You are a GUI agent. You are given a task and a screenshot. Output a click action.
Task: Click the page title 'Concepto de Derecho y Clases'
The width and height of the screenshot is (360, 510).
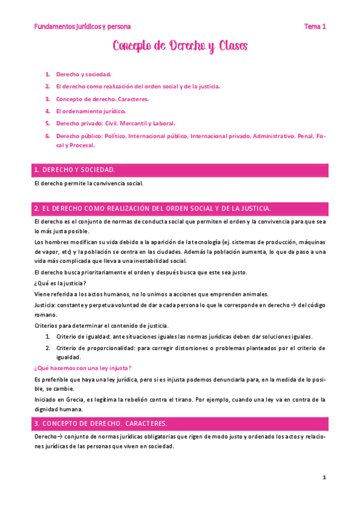click(180, 46)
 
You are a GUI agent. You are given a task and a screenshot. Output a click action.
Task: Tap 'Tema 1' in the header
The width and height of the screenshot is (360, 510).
click(314, 26)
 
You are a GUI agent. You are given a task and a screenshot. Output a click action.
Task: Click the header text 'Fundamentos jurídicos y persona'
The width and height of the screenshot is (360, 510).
click(82, 26)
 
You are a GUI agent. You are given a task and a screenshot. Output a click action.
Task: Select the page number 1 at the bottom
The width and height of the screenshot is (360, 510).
click(324, 478)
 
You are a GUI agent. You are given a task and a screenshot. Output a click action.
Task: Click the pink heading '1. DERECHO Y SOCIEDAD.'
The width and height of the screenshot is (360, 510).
click(75, 170)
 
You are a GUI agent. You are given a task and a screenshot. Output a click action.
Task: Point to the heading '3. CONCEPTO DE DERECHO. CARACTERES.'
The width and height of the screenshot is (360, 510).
click(101, 423)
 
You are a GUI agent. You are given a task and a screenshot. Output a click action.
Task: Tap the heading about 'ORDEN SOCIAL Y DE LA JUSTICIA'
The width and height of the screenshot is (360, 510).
click(153, 208)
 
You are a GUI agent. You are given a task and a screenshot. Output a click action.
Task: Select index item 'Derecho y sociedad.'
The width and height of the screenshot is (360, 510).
click(84, 74)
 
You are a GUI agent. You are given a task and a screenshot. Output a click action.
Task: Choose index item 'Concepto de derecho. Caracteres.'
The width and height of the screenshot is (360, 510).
click(102, 99)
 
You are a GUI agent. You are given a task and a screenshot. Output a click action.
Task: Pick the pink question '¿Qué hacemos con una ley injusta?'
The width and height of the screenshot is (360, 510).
click(84, 368)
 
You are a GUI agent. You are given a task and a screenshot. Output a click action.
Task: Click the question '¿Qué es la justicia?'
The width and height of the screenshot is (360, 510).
click(60, 283)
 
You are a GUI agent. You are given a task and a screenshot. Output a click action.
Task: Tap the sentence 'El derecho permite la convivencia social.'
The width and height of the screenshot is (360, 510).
click(89, 183)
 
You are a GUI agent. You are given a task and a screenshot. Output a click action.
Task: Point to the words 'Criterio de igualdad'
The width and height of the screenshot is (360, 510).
click(82, 336)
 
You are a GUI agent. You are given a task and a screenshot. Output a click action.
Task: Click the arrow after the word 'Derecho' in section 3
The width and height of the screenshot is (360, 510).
click(60, 436)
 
